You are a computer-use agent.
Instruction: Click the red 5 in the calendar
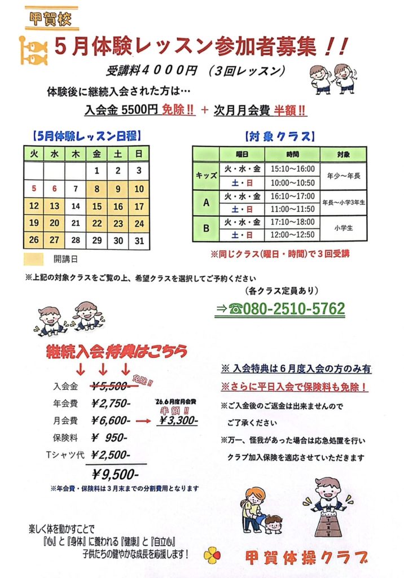pos(34,189)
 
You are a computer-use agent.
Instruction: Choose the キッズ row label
pos(206,176)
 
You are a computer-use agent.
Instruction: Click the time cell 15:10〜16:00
pos(292,169)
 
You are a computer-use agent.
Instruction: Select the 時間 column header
pos(292,154)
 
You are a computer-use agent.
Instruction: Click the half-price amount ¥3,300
pos(178,421)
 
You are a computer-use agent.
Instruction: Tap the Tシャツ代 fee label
pos(67,455)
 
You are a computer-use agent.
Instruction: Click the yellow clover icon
pos(212,555)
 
